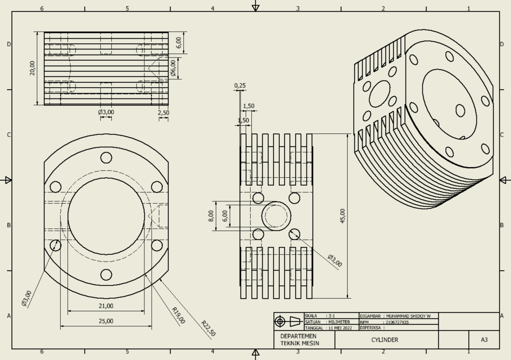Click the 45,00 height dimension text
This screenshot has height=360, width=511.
343,216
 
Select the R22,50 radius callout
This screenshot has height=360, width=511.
208,328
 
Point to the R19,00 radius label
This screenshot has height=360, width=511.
178,316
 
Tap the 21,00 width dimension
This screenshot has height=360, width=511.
106,306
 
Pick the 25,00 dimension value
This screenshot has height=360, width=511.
106,321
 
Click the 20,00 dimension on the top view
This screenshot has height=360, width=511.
33,68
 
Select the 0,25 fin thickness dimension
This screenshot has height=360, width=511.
240,86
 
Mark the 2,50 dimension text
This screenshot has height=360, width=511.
163,112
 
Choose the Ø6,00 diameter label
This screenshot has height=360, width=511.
173,68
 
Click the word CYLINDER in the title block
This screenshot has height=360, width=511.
385,340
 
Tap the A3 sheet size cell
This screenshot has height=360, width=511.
484,340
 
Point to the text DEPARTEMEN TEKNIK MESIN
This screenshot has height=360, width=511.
300,340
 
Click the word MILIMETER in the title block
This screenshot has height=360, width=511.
338,322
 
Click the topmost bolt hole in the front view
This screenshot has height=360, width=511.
106,157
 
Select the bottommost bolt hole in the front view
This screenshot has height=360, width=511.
106,274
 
